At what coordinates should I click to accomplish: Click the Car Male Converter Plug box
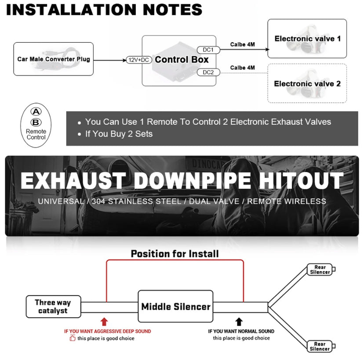pos(53,59)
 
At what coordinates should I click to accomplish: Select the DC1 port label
pos(208,50)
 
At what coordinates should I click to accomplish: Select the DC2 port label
pos(208,72)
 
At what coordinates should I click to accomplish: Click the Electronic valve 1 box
pos(307,39)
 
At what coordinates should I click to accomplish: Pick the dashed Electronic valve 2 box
pos(307,83)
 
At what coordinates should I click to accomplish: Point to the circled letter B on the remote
pos(36,122)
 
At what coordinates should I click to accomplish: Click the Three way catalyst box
pos(53,306)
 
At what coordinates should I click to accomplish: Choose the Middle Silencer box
pos(175,306)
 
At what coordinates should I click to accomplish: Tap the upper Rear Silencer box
pos(320,270)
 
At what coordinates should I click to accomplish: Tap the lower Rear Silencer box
pos(320,346)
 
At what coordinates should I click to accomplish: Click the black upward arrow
pos(239,321)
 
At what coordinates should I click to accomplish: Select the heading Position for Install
pos(175,254)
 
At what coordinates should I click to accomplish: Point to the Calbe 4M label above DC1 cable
pos(242,44)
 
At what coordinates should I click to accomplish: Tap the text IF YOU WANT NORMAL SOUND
pos(241,331)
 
